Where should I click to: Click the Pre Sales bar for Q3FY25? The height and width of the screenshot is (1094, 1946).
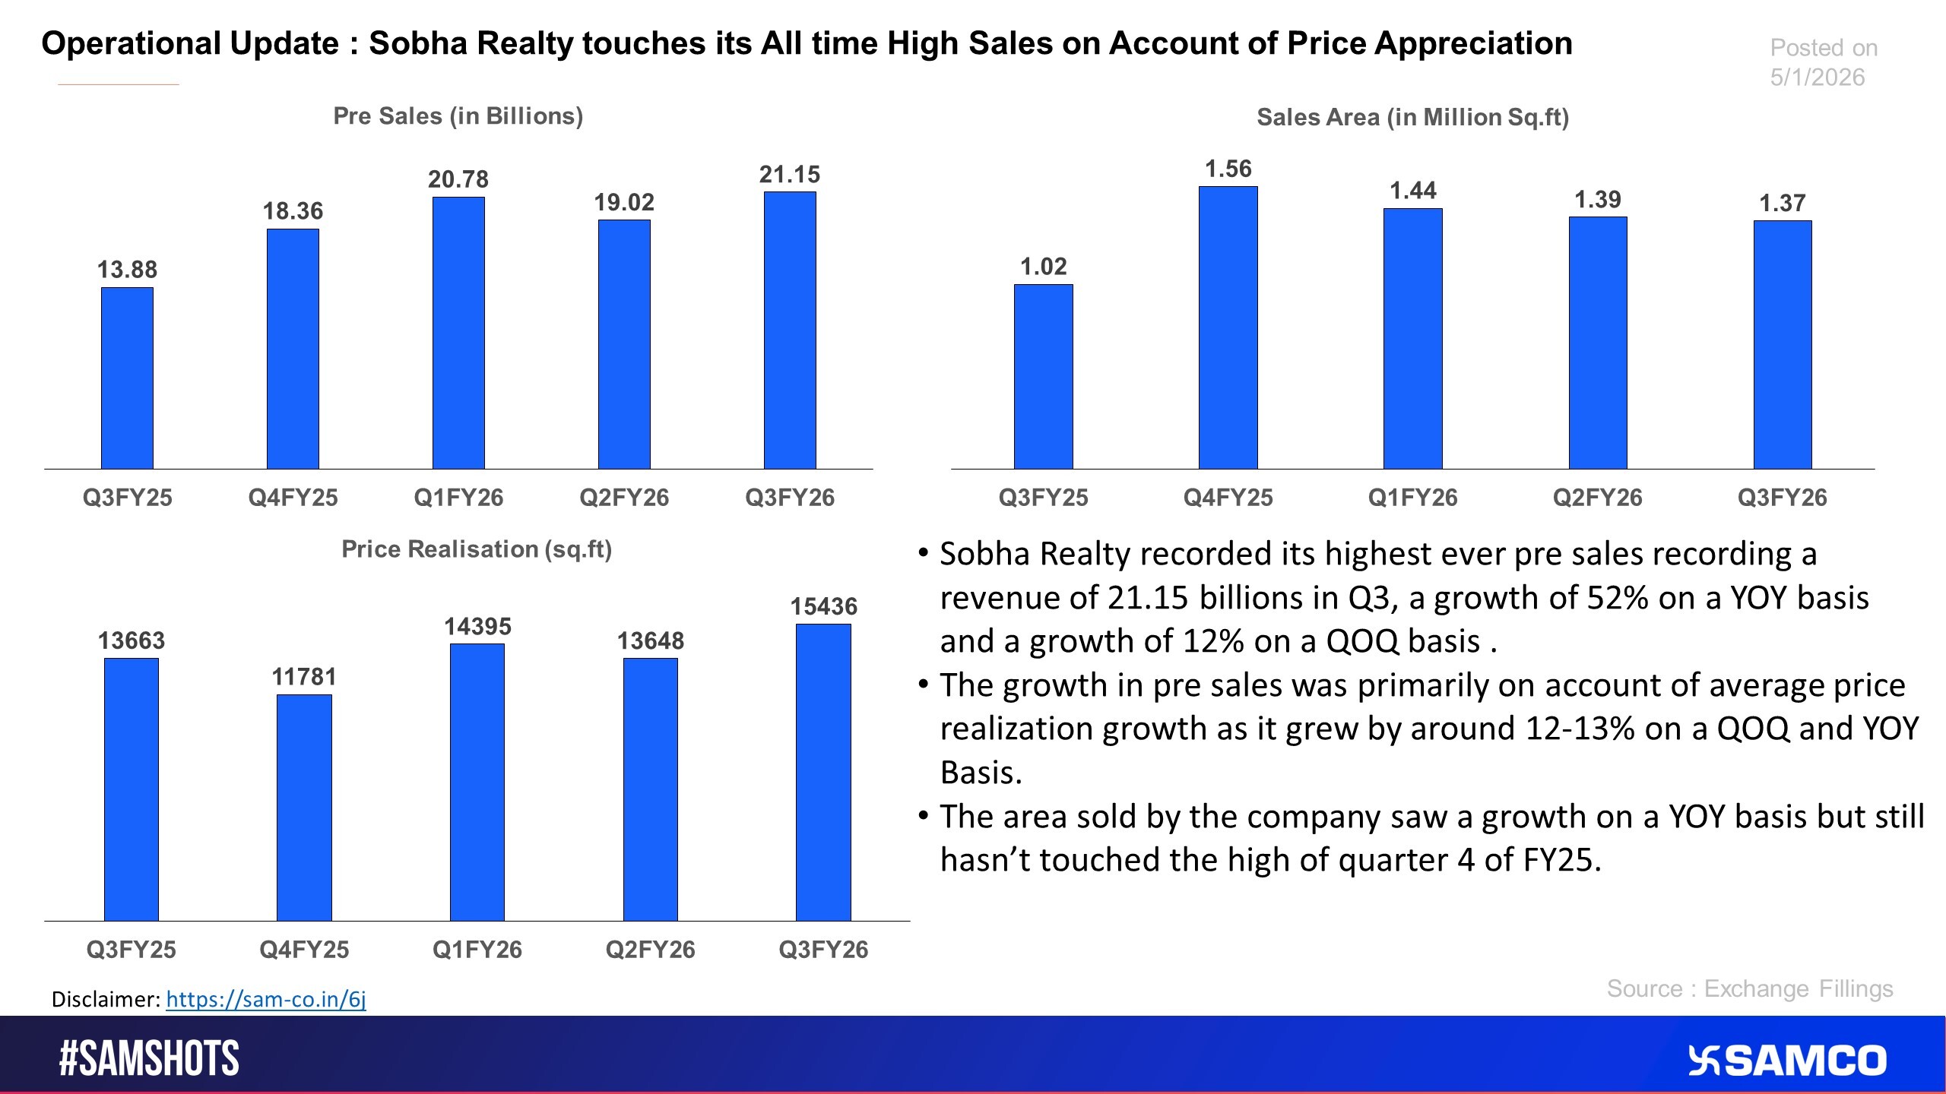click(127, 378)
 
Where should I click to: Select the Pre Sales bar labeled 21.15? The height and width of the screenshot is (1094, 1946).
click(790, 330)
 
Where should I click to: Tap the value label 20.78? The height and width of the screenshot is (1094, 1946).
click(458, 179)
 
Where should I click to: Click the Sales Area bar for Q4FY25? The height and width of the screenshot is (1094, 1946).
click(1228, 327)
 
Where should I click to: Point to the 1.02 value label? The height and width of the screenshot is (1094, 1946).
click(1043, 267)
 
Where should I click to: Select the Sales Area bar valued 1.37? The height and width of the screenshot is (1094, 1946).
click(1783, 344)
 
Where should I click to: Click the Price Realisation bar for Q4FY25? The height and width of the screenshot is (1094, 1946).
click(304, 807)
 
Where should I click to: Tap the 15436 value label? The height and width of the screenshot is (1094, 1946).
click(823, 606)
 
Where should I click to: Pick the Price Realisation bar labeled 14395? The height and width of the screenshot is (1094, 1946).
click(477, 782)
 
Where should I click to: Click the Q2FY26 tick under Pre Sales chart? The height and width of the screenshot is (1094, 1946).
click(624, 498)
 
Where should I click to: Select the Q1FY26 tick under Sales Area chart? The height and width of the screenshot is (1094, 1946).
click(1412, 498)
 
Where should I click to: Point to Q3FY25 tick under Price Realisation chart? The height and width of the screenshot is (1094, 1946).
click(131, 950)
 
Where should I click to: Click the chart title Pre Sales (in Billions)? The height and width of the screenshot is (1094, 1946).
click(458, 116)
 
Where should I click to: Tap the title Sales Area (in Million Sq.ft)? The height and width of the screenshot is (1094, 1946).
click(1412, 118)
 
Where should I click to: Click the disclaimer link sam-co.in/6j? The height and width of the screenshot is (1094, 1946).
click(266, 999)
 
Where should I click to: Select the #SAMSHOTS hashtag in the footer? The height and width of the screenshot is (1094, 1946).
click(149, 1058)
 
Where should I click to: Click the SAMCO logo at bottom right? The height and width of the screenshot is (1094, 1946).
click(1788, 1061)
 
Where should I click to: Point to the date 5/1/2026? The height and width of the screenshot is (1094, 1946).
click(1817, 77)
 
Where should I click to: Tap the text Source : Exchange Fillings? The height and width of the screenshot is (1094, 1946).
click(1749, 988)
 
